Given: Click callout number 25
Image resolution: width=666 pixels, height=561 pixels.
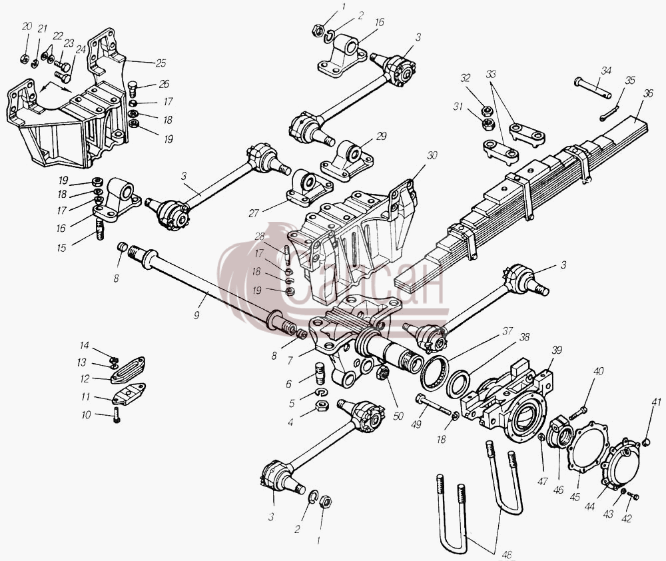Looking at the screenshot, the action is tap(160, 63).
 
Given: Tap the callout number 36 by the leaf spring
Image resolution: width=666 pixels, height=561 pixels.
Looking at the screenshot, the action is tap(647, 93).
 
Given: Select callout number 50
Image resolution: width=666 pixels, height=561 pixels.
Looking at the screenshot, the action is tap(398, 416).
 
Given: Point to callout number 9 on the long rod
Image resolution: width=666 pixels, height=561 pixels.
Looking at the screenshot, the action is tap(196, 315).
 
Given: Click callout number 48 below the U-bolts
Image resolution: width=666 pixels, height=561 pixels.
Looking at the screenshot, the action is tap(506, 554).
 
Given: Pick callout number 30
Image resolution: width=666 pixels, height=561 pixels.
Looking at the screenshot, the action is tap(432, 155).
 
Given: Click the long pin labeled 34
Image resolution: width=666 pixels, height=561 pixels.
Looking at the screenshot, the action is tap(593, 87).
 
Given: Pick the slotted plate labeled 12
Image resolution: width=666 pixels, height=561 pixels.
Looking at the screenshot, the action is tap(129, 370).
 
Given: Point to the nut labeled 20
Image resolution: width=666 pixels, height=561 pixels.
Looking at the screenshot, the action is tap(25, 59).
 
